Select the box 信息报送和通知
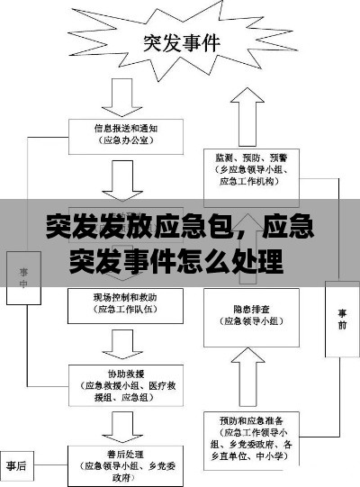coord(125,134)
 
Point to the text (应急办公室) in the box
coord(126,140)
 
